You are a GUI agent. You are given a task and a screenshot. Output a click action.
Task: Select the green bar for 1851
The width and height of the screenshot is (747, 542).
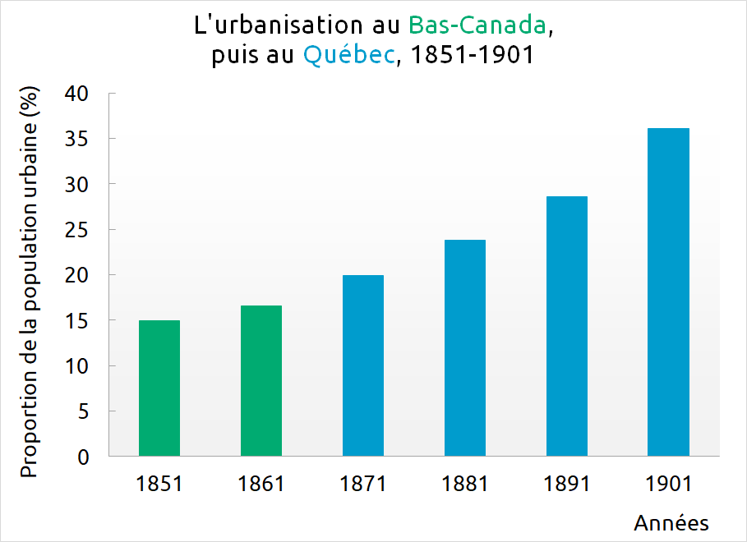click(x=159, y=388)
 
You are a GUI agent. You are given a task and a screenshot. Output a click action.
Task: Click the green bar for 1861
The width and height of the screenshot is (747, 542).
click(x=261, y=380)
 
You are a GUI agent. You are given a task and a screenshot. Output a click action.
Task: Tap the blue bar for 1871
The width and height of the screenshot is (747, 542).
click(x=363, y=365)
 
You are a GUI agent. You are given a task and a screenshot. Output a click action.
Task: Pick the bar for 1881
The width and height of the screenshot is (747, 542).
click(x=465, y=347)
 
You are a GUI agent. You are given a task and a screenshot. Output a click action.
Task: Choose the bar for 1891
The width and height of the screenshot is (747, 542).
click(x=567, y=326)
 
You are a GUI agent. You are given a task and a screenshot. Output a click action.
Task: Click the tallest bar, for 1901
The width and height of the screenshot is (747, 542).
click(x=668, y=292)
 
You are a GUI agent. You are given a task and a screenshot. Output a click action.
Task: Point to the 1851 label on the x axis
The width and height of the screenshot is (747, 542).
click(x=159, y=484)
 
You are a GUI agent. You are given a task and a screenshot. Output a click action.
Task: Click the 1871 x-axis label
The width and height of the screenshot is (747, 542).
click(x=363, y=484)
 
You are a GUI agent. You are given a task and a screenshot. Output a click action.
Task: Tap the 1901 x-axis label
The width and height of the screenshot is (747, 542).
click(x=668, y=484)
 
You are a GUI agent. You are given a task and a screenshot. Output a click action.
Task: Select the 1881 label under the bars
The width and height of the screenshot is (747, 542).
click(x=465, y=484)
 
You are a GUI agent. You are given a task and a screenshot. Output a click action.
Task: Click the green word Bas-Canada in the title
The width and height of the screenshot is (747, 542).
click(x=477, y=25)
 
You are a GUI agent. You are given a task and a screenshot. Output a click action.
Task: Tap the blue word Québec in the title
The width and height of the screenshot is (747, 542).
click(x=348, y=56)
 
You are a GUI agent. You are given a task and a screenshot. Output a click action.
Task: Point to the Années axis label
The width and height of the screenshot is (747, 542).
click(x=671, y=523)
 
